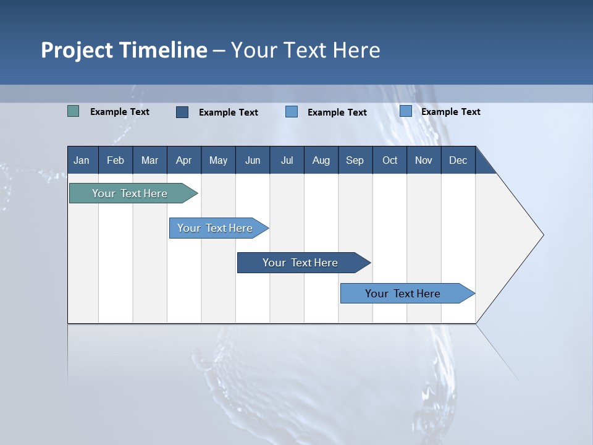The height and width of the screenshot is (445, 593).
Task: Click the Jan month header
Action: coord(82,161)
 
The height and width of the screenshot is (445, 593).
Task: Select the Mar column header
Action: coord(149,161)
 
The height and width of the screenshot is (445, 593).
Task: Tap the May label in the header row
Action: coord(218,161)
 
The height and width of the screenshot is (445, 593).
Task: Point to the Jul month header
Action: coord(287,161)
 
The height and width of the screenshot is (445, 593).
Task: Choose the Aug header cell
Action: coord(321,161)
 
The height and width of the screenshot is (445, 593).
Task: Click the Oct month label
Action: coord(390,161)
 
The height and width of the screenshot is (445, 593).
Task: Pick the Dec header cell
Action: coord(458,161)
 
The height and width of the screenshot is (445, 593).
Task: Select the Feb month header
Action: coord(116,161)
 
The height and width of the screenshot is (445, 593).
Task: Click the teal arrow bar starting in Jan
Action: coord(130,193)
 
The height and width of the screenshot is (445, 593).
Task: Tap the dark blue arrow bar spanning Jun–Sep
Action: coord(301,263)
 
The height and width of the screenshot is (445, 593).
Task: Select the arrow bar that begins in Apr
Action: coord(216,228)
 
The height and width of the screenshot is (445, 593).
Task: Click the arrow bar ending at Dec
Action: coord(403,294)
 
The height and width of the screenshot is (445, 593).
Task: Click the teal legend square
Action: coord(73,111)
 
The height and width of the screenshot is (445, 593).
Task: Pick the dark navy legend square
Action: coord(182,112)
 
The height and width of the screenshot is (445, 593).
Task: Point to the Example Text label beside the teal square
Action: coord(120,112)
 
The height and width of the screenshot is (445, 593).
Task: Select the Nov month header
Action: coord(424,161)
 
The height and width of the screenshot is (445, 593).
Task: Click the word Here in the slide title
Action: coord(356,50)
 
